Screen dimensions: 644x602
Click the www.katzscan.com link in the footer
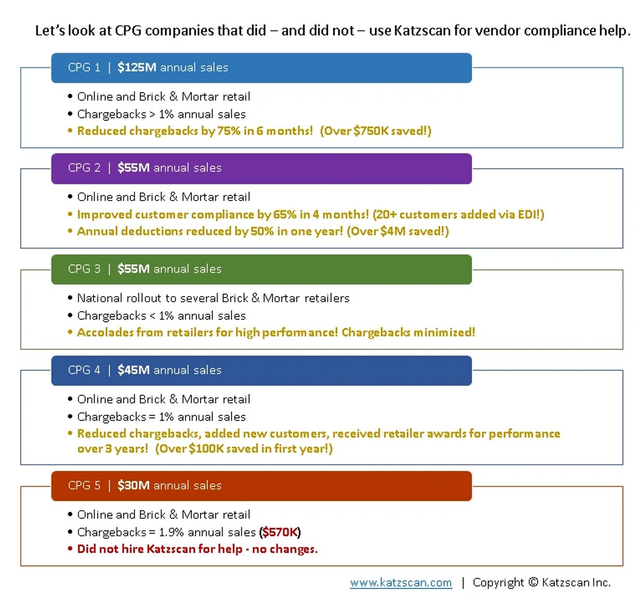pyautogui.click(x=401, y=583)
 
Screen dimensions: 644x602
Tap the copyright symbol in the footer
pyautogui.click(x=533, y=582)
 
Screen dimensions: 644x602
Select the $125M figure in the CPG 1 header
pyautogui.click(x=137, y=68)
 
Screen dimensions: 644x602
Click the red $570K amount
pyautogui.click(x=279, y=532)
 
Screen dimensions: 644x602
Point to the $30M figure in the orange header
pyautogui.click(x=133, y=485)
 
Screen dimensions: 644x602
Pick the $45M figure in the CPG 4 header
pyautogui.click(x=133, y=370)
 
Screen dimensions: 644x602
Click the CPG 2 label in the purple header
pyautogui.click(x=84, y=168)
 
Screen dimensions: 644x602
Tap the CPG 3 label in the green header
pyautogui.click(x=84, y=269)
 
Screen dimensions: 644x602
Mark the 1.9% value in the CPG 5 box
pyautogui.click(x=171, y=532)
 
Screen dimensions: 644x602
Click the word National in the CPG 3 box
pyautogui.click(x=100, y=298)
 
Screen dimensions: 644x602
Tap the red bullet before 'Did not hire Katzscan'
pyautogui.click(x=70, y=549)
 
